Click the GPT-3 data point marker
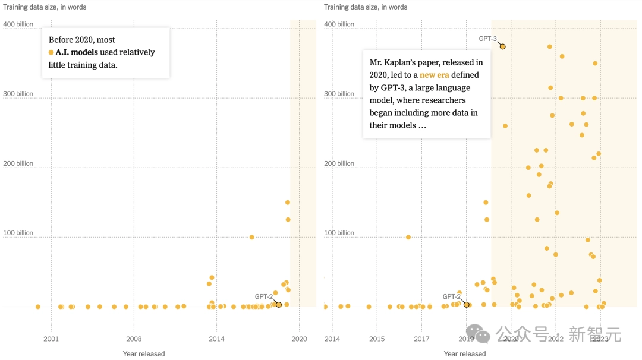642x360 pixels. pyautogui.click(x=502, y=46)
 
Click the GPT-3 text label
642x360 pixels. pyautogui.click(x=487, y=39)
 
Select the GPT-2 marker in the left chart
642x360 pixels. pyautogui.click(x=279, y=305)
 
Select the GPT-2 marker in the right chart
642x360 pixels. pyautogui.click(x=466, y=305)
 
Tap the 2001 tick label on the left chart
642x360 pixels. pyautogui.click(x=51, y=339)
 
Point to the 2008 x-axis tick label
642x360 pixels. pyautogui.click(x=134, y=339)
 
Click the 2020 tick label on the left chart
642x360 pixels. pyautogui.click(x=299, y=339)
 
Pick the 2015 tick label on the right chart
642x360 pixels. pyautogui.click(x=377, y=339)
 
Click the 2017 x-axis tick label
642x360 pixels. pyautogui.click(x=421, y=339)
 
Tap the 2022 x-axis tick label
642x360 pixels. pyautogui.click(x=555, y=339)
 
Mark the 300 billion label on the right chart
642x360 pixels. pyautogui.click(x=339, y=94)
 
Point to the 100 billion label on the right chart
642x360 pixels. pyautogui.click(x=339, y=233)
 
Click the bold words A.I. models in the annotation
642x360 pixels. pyautogui.click(x=77, y=52)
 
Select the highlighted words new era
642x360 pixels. pyautogui.click(x=434, y=75)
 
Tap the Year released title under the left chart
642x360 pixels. pyautogui.click(x=144, y=354)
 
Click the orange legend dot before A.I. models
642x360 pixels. pyautogui.click(x=51, y=53)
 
